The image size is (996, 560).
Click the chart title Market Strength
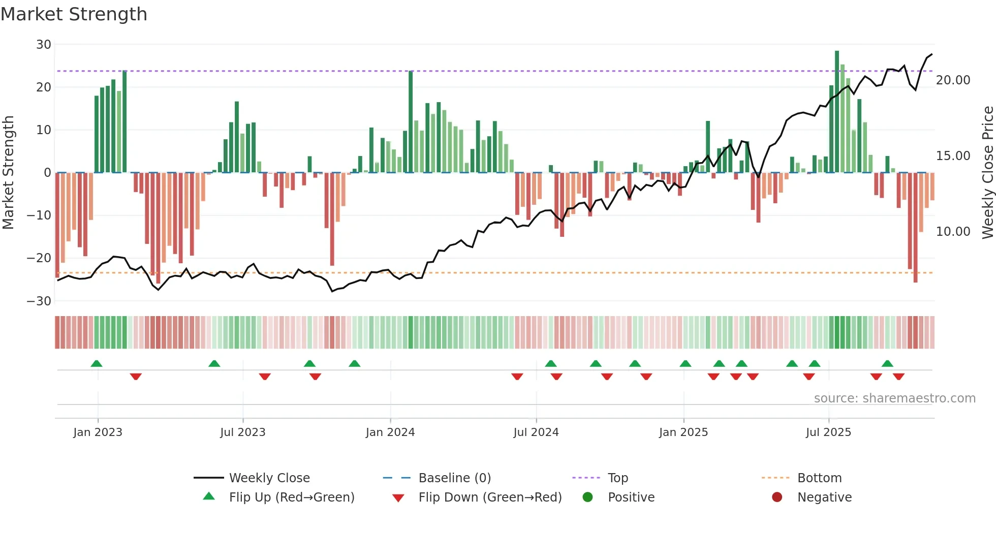point(74,14)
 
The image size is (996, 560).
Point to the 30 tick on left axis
point(44,45)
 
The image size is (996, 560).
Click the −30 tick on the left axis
point(40,301)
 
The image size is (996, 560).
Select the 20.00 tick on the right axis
point(953,80)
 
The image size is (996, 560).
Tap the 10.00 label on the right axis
point(953,232)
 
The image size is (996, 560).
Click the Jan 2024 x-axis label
point(390,432)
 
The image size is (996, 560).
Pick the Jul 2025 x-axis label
point(828,432)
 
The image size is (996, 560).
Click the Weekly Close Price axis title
point(987,173)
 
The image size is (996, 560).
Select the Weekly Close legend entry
point(269,478)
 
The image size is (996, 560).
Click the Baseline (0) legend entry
point(454,478)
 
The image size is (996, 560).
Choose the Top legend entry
point(617,478)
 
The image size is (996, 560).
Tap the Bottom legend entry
point(819,478)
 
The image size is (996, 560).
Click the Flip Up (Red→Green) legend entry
point(291,497)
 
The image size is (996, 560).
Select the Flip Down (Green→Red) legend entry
point(490,497)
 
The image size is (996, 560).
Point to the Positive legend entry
point(631,497)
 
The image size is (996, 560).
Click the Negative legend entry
point(824,497)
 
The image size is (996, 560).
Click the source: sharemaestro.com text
point(894,398)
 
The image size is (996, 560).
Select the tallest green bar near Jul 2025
point(837,112)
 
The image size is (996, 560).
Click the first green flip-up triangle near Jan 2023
point(97,363)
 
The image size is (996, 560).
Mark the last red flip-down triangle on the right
point(898,377)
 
